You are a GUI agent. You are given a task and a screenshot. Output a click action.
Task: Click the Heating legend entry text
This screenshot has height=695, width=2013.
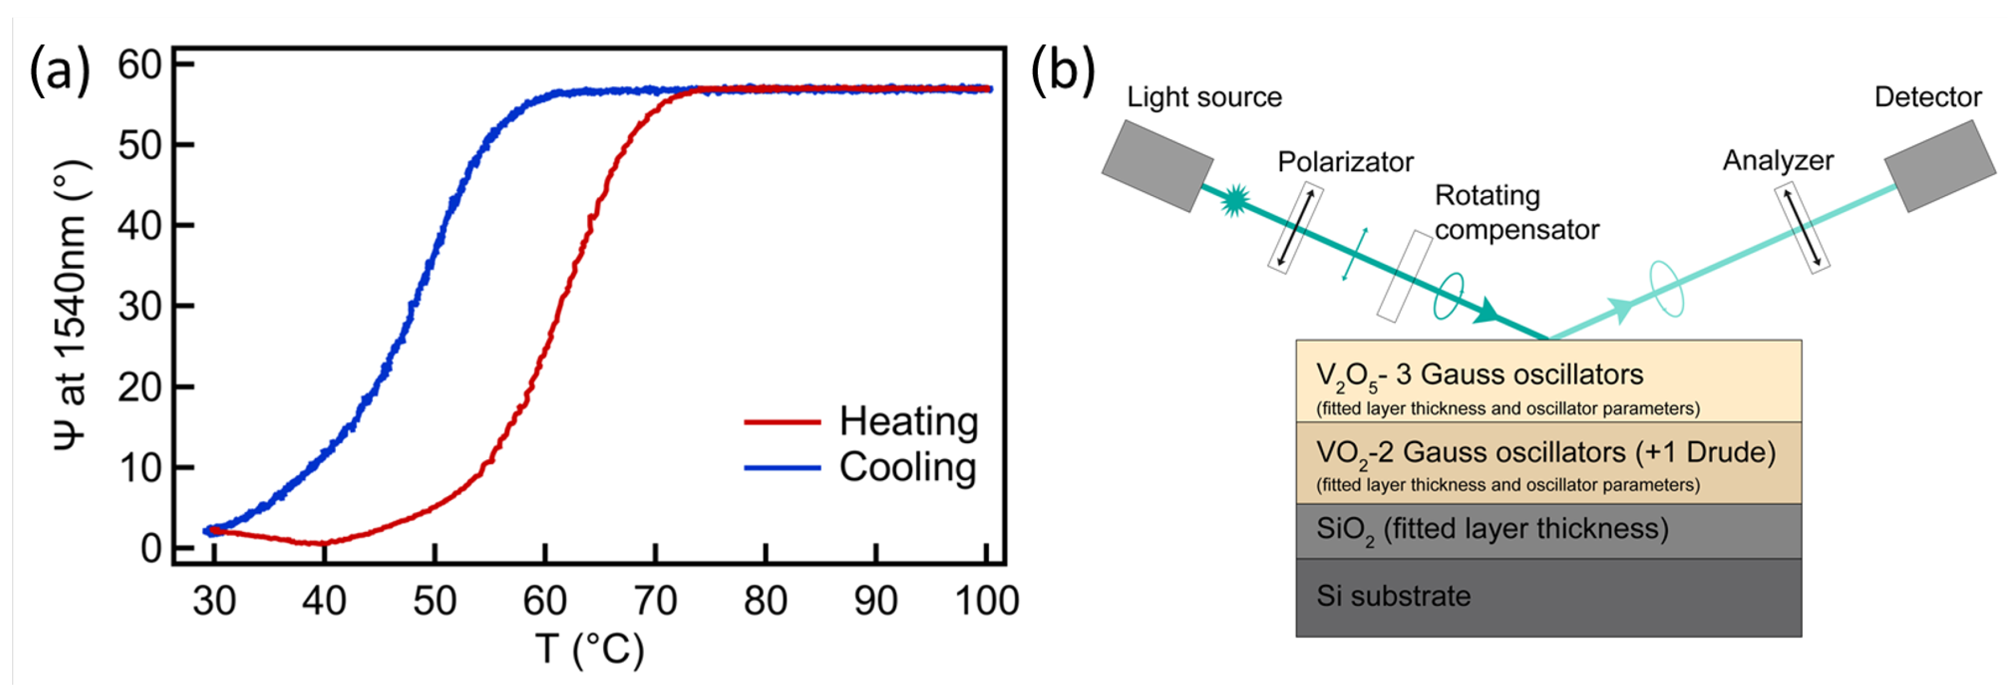coord(908,422)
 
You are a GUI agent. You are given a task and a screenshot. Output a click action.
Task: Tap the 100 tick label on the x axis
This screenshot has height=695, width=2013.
coord(986,601)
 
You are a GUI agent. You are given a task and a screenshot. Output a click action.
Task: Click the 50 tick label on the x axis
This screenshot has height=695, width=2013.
coord(434,601)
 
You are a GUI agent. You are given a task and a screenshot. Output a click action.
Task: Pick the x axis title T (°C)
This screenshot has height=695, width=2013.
coord(590,649)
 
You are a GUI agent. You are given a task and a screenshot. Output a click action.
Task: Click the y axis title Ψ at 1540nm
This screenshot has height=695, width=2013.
coord(72,305)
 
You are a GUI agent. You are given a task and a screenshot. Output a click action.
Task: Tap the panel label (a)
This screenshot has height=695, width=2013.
coord(59,70)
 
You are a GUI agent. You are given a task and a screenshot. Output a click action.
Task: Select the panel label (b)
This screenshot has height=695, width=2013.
coord(1063,70)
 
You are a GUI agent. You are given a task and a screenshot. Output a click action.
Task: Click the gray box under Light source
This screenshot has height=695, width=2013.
coord(1157,166)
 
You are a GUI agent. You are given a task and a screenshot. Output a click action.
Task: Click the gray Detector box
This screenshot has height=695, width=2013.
coord(1940,166)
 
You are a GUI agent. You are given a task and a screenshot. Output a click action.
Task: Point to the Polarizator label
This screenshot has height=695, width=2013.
coord(1345,162)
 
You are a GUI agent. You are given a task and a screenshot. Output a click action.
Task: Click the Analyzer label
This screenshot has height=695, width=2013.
coord(1778,160)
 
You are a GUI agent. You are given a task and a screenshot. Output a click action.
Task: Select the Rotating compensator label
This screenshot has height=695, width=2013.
coord(1516,213)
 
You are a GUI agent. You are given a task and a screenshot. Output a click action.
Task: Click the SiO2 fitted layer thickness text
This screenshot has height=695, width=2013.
coord(1492,529)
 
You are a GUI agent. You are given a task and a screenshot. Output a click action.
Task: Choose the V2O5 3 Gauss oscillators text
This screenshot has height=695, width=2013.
coord(1479,375)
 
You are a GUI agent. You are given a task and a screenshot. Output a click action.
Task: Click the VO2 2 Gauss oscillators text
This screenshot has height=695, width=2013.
coord(1545,453)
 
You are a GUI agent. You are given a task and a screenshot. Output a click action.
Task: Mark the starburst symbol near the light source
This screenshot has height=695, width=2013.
coord(1234,200)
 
